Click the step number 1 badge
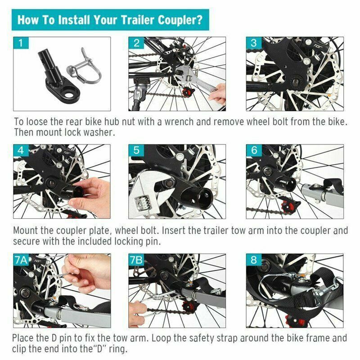point(20,44)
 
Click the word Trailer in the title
point(143,20)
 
